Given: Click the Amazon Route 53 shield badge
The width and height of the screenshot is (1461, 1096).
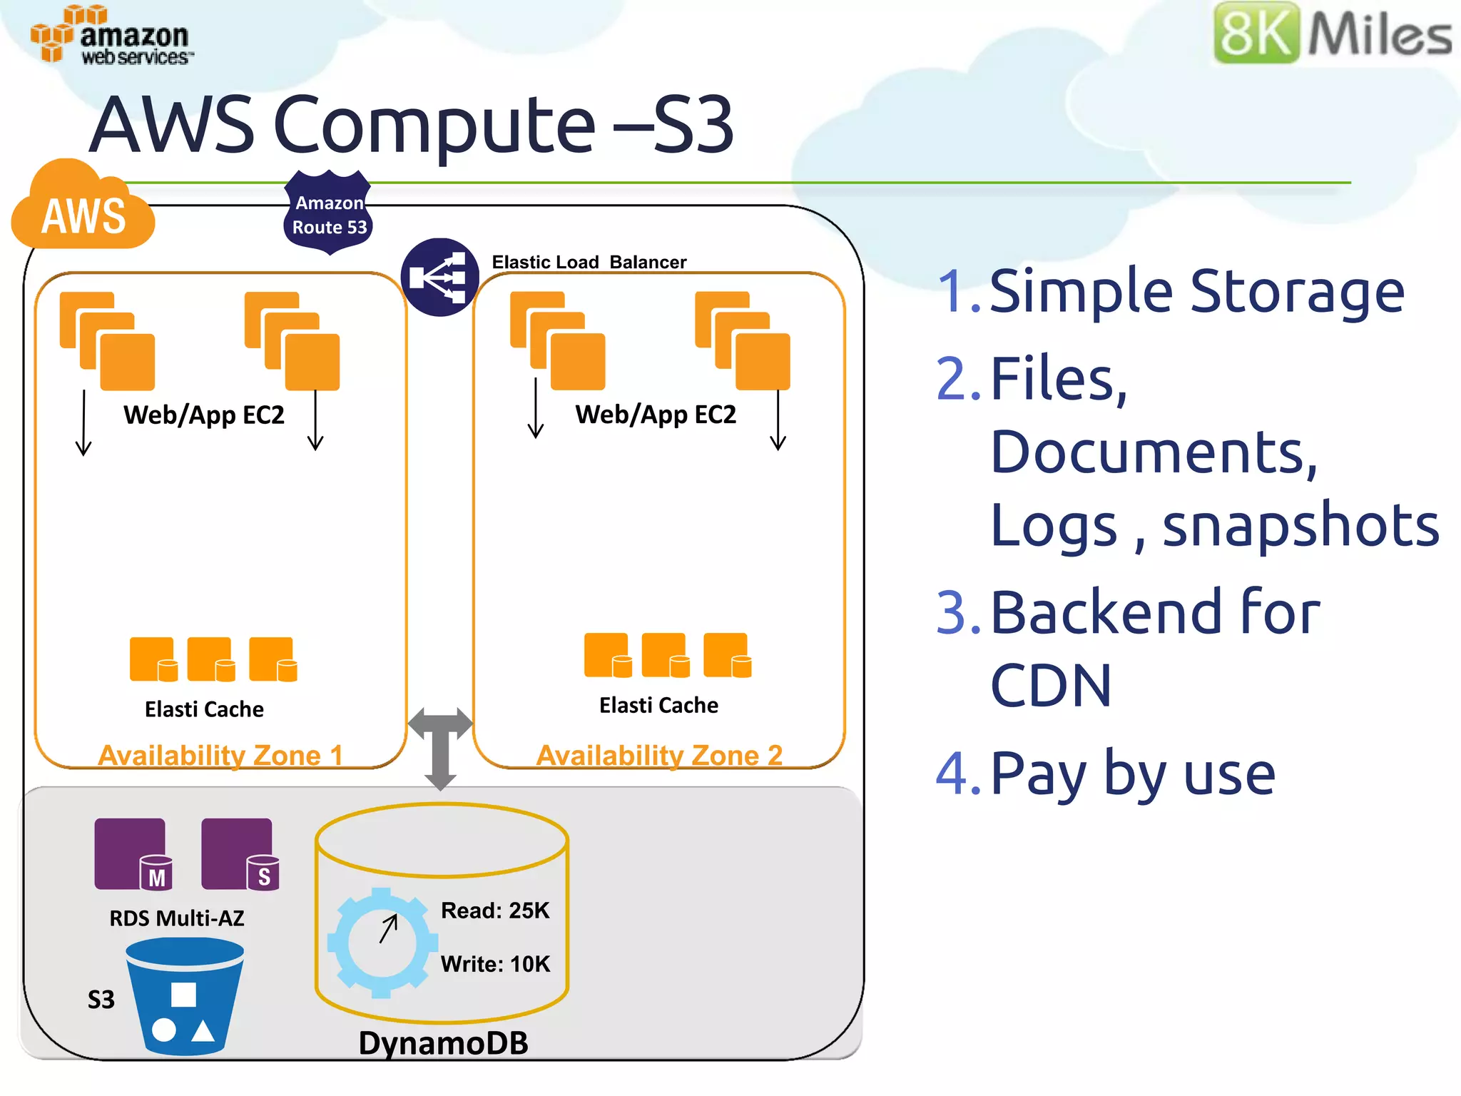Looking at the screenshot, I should click(329, 213).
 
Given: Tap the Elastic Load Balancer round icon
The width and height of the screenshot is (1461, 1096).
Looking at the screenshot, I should click(439, 277).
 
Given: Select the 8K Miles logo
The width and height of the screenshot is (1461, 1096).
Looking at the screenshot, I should click(1333, 34).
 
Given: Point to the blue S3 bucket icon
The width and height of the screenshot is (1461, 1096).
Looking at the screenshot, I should click(185, 996).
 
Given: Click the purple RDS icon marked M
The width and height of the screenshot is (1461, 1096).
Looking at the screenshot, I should click(133, 853).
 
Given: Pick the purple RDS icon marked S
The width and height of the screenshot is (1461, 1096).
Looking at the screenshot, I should click(240, 853).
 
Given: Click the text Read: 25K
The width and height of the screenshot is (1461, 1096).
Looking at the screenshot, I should click(495, 910).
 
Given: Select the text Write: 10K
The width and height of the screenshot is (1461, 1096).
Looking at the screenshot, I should click(495, 964).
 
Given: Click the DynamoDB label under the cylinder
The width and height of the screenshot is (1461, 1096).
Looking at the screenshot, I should click(443, 1043).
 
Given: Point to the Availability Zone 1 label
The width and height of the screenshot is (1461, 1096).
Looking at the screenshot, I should click(220, 755).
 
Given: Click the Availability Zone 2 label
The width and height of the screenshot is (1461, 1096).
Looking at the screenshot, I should click(659, 755).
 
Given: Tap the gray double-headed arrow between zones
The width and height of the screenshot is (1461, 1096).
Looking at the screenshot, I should click(440, 747).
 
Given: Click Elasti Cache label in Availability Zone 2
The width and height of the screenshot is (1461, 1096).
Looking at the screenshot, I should click(658, 705).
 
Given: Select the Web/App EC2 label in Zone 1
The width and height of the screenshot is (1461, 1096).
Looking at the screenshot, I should click(204, 415).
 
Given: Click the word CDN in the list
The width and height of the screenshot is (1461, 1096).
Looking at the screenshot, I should click(1051, 686).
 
